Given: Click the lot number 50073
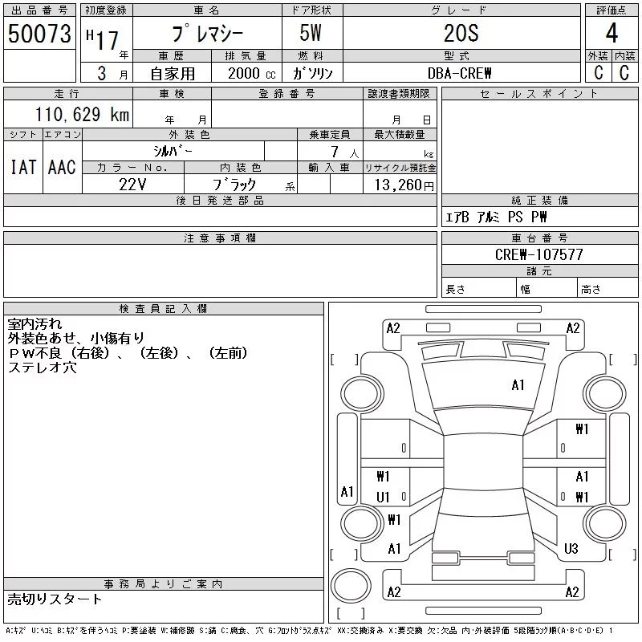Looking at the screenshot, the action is [39, 34].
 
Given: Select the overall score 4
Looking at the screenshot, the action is [612, 33].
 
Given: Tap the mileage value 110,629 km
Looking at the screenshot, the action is [83, 114].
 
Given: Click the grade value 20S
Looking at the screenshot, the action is [461, 33].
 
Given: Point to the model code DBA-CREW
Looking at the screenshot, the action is [459, 73].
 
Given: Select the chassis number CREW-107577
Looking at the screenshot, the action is [538, 254].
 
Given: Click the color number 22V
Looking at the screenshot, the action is [132, 185].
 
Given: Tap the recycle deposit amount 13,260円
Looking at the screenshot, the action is [404, 185].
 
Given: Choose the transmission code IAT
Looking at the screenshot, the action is [23, 167].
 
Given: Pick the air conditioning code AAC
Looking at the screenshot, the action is [62, 167].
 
